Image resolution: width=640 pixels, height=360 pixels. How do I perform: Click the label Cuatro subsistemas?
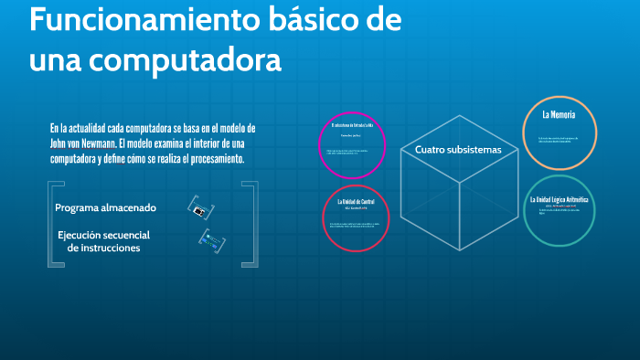458,149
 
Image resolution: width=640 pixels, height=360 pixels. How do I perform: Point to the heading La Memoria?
558,115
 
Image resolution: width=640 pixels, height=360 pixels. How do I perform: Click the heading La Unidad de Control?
356,201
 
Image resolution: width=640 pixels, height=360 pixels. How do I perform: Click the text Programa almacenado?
105,207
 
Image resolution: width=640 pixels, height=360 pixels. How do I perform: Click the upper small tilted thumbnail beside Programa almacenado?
197,207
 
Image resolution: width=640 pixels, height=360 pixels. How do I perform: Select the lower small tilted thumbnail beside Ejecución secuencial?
209,239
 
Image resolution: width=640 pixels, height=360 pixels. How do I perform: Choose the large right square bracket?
251,224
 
